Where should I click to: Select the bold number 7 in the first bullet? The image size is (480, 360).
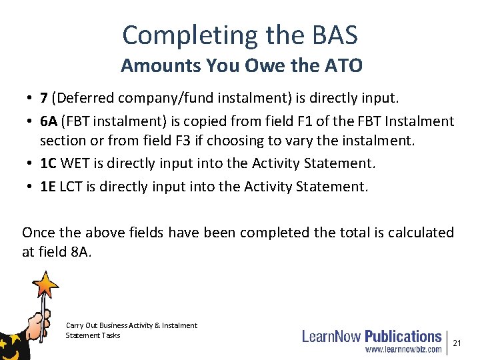(x=43, y=99)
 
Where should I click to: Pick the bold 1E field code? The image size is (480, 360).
(x=48, y=187)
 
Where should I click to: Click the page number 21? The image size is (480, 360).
(x=457, y=343)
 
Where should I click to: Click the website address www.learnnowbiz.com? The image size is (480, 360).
(x=403, y=349)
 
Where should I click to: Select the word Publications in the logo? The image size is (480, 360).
(x=403, y=337)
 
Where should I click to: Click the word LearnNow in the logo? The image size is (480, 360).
(x=331, y=337)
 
